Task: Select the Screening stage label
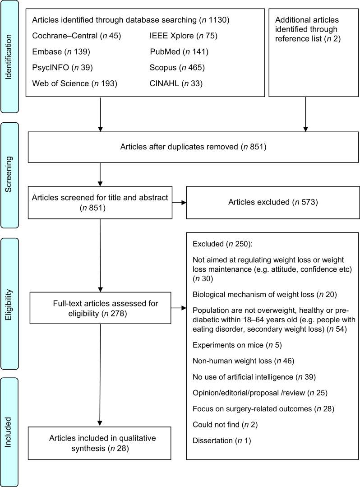(x=9, y=175)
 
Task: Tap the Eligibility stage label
(x=9, y=303)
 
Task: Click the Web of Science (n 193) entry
(x=74, y=83)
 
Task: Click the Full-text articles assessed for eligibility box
(x=105, y=308)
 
